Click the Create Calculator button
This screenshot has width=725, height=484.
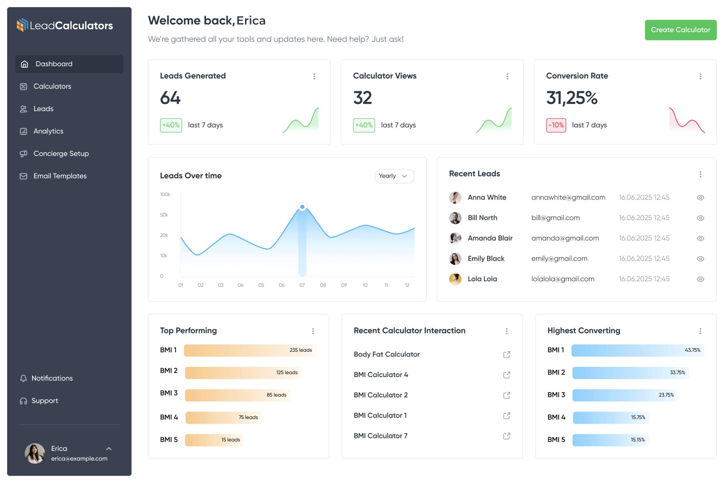point(680,30)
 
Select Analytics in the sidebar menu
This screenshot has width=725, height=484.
point(48,131)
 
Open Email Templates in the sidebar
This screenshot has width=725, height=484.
point(60,176)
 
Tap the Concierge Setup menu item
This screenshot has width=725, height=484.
point(61,153)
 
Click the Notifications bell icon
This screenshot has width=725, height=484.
point(24,378)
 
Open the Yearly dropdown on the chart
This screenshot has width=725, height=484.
point(394,176)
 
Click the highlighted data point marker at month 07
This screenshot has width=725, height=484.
point(302,207)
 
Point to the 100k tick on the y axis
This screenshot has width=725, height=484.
point(165,194)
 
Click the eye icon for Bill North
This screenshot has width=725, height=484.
point(700,218)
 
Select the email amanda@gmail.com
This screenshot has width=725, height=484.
point(565,238)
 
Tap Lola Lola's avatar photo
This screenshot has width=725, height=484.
point(455,279)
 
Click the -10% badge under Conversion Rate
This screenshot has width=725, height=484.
point(556,125)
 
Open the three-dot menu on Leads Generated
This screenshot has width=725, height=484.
point(314,76)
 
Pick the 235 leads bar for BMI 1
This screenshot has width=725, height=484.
point(250,350)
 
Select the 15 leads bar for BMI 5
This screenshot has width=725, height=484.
point(214,440)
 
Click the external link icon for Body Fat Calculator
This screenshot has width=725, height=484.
point(506,354)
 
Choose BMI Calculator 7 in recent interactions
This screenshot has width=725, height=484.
point(380,436)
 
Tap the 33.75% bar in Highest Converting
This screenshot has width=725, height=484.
point(630,373)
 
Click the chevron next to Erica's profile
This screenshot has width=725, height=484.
point(109,449)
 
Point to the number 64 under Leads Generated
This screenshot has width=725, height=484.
point(170,98)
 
